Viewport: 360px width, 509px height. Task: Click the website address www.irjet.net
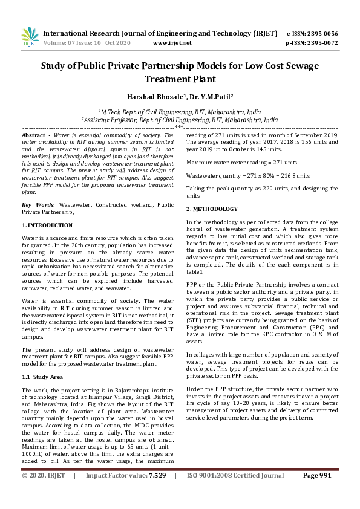pos(172,43)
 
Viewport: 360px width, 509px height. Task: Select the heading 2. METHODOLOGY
pos(212,209)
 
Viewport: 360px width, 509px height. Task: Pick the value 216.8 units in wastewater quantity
pos(292,175)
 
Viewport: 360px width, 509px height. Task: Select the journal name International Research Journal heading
pos(109,33)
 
